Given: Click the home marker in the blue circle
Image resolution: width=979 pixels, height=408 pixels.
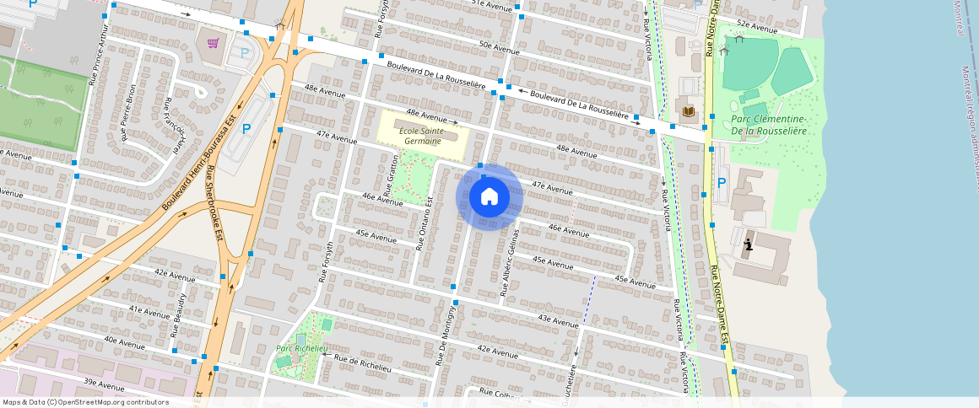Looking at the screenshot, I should point(489,197).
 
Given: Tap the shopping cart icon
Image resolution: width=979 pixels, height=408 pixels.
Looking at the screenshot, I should point(213,43).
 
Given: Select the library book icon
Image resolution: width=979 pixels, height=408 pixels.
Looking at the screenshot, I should point(689,111).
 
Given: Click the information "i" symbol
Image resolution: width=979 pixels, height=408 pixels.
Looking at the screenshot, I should point(748,245).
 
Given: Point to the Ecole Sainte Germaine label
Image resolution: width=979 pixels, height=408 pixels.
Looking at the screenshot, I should point(421,136).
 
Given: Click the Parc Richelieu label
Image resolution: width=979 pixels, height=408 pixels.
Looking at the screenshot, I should point(296,348).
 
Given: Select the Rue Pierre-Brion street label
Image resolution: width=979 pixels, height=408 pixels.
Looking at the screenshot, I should point(128,111).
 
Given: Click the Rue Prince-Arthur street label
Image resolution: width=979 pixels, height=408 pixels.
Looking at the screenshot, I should point(99,53).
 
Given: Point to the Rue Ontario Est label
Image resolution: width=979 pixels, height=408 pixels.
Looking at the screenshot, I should point(424,223).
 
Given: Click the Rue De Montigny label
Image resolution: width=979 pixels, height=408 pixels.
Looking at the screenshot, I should point(446,336).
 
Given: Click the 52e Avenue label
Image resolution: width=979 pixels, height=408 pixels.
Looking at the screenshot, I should point(756,27).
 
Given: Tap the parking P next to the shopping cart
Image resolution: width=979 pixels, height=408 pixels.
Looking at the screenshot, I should point(245,53).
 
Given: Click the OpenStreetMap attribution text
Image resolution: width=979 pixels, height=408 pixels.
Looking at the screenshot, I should point(85,402).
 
